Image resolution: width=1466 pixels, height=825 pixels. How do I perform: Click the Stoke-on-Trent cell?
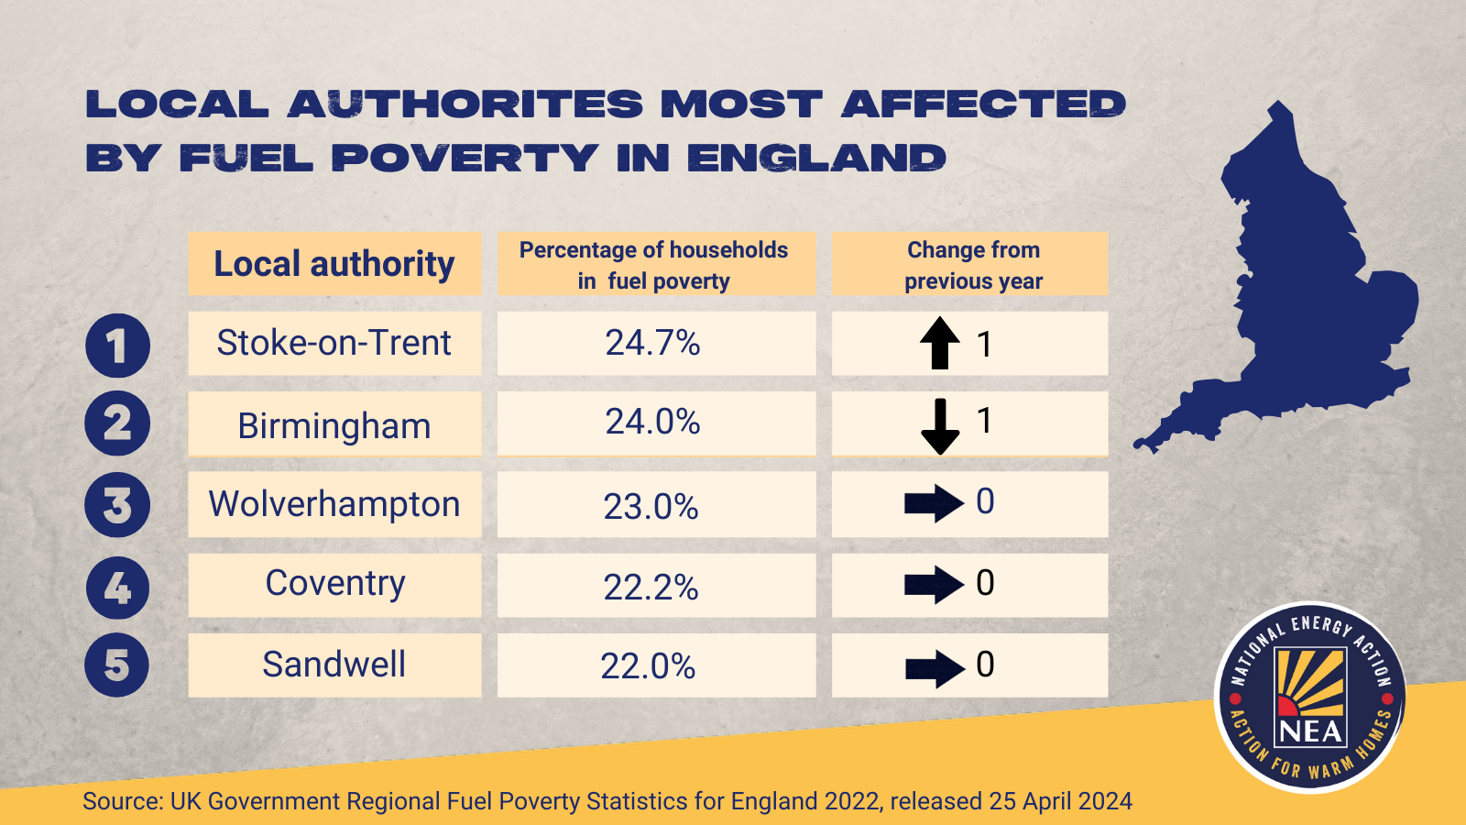pos(334,343)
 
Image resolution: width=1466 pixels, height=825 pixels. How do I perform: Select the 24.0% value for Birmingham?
pos(652,422)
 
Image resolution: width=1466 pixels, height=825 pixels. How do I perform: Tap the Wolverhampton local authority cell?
pos(334,504)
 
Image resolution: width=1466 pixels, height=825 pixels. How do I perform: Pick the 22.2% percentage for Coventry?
pos(651,587)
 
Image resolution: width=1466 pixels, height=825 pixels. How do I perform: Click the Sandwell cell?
pos(334,665)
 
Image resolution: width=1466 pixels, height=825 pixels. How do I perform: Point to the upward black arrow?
pos(939,343)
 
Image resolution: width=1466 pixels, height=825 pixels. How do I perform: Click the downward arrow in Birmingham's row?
pos(939,425)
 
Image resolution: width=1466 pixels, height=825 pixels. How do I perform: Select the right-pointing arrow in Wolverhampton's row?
pos(933,503)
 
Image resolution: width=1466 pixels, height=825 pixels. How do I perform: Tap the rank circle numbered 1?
pos(117,346)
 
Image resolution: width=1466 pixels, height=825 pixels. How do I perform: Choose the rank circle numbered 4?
pos(117,588)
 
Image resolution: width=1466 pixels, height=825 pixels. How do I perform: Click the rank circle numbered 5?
pos(117,665)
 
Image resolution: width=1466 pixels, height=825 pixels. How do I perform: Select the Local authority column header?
pos(334,264)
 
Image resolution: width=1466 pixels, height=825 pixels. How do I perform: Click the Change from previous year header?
pos(973,265)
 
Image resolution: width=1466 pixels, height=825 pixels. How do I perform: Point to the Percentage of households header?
pos(654,265)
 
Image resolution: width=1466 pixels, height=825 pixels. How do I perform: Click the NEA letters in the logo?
pos(1311,731)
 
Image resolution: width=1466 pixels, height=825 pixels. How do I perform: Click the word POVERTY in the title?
pos(465,159)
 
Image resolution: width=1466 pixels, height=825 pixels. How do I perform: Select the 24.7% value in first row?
pos(652,343)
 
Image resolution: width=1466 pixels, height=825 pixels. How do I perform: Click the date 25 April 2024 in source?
pos(1060,801)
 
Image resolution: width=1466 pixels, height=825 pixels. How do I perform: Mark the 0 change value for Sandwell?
pos(985,665)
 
